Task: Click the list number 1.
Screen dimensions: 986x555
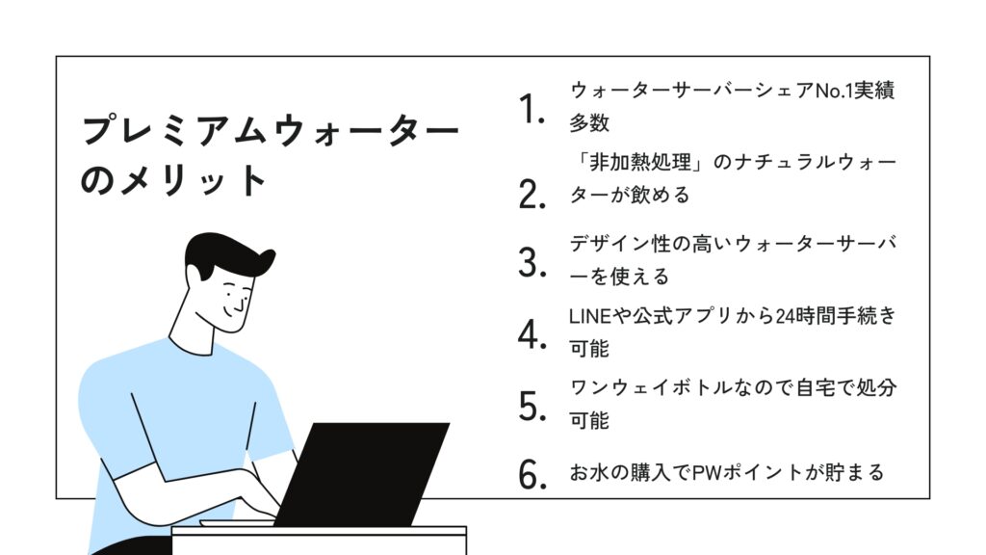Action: (532, 110)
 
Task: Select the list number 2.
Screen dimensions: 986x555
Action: (532, 194)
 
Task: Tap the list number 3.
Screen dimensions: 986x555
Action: (532, 263)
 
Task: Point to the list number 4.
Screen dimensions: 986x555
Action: (532, 334)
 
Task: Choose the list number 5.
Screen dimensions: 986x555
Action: (532, 407)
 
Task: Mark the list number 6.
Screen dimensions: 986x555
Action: (532, 474)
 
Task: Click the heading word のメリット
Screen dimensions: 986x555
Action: (175, 180)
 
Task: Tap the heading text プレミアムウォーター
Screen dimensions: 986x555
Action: (271, 130)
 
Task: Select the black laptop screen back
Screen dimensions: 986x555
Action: (362, 473)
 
